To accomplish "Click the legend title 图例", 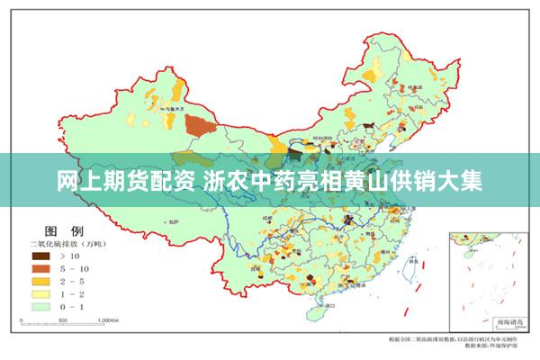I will (58, 231).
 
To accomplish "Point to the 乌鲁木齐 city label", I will (163, 106).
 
